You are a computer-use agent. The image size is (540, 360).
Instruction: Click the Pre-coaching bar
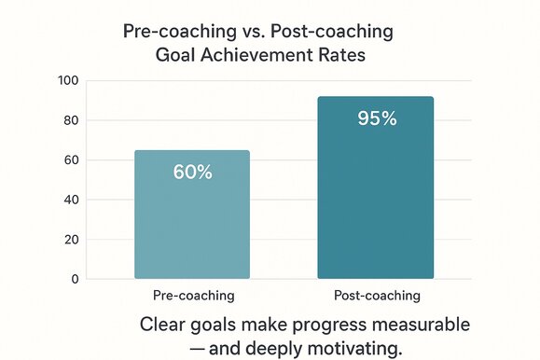click(191, 215)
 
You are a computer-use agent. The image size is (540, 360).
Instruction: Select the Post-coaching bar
click(375, 187)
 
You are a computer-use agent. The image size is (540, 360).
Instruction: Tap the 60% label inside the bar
click(192, 173)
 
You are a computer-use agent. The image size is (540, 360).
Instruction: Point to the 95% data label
click(376, 118)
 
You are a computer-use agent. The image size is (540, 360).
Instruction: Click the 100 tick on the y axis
click(68, 80)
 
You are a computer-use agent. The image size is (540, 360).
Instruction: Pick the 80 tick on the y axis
click(71, 120)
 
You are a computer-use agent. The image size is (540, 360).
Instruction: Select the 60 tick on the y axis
click(71, 160)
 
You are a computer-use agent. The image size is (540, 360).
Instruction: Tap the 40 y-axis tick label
click(71, 200)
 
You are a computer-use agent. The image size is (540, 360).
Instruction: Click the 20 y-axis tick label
click(71, 240)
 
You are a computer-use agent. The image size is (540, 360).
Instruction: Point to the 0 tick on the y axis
click(75, 279)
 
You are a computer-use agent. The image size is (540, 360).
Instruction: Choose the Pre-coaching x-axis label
click(193, 297)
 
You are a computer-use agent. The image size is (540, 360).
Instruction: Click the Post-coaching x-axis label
click(377, 297)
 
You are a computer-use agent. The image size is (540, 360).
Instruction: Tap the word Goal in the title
click(175, 54)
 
